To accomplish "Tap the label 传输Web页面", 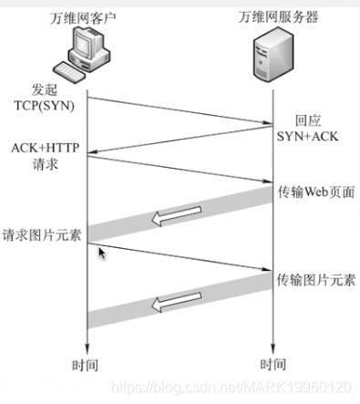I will click(315, 192).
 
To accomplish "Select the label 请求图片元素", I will click(42, 233).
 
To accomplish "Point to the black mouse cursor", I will click(102, 252).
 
